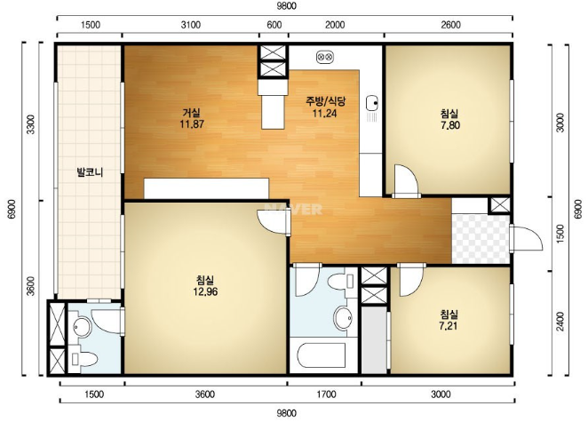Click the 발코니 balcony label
pyautogui.click(x=90, y=172)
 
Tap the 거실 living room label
pyautogui.click(x=191, y=113)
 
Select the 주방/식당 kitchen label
pyautogui.click(x=325, y=101)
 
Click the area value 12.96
pyautogui.click(x=205, y=291)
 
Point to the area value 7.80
pyautogui.click(x=450, y=125)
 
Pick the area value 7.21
pyautogui.click(x=449, y=326)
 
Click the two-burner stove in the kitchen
pyautogui.click(x=325, y=57)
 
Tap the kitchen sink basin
pyautogui.click(x=371, y=103)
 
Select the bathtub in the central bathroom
pyautogui.click(x=322, y=355)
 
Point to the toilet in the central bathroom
pyautogui.click(x=341, y=282)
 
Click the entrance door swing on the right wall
pyautogui.click(x=527, y=238)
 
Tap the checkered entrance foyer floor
pyautogui.click(x=481, y=239)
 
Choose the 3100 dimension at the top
pyautogui.click(x=190, y=25)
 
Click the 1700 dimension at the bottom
pyautogui.click(x=326, y=394)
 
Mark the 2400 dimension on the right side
pyautogui.click(x=560, y=322)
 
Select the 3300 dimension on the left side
pyautogui.click(x=30, y=124)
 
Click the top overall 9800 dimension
pyautogui.click(x=287, y=6)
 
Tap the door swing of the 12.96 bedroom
pyautogui.click(x=274, y=222)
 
